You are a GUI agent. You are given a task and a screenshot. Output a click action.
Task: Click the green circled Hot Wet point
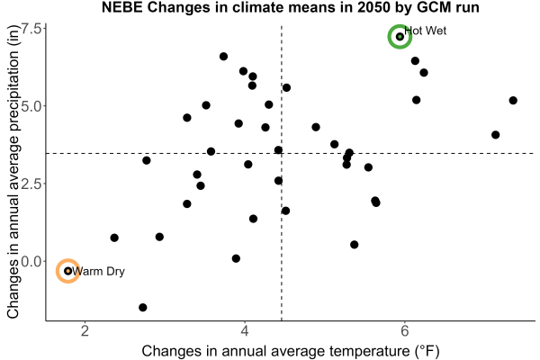(x=400, y=37)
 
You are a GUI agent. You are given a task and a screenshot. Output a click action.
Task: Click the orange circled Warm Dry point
(x=67, y=271)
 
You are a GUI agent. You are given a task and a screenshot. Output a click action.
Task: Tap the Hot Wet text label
(x=426, y=31)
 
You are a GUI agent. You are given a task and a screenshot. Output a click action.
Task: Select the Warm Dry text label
(x=98, y=272)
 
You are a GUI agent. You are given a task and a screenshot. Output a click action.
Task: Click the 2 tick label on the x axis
(x=85, y=331)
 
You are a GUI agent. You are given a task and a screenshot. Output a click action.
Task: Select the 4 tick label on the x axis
(x=245, y=331)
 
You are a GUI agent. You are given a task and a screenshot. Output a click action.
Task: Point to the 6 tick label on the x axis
(x=405, y=331)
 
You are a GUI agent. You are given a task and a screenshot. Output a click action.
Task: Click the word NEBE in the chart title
(x=122, y=7)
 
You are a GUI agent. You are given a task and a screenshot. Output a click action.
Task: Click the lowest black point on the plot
(x=143, y=307)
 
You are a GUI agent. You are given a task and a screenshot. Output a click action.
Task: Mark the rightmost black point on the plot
(x=513, y=101)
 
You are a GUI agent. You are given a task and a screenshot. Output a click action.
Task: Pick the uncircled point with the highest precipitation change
(x=223, y=57)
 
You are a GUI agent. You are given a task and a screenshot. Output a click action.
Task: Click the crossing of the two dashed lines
(x=282, y=153)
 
